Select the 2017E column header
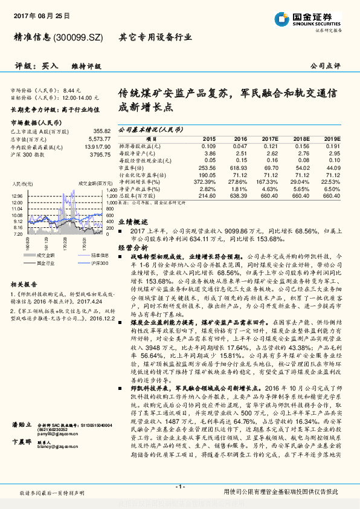(x=270, y=138)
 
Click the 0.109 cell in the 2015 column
(x=208, y=146)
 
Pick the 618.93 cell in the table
(x=240, y=167)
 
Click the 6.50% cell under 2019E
(x=332, y=188)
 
